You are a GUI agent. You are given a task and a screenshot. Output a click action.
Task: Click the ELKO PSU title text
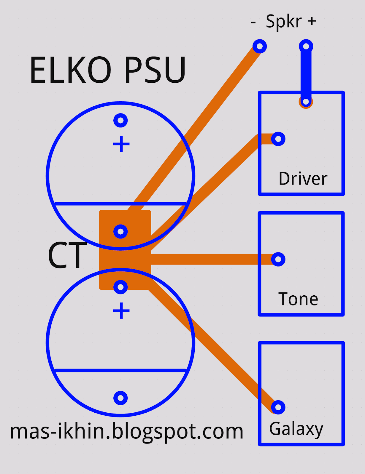pos(108,70)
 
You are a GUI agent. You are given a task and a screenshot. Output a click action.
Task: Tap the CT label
pos(67,255)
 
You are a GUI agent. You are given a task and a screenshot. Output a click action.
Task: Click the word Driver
pos(303,179)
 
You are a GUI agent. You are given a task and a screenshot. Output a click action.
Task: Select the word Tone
pos(298,299)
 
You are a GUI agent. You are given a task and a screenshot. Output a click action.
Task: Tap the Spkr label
pos(284,21)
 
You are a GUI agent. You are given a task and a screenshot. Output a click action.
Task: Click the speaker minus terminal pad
pos(259,46)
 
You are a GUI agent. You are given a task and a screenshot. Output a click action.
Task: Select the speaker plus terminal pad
pos(306,46)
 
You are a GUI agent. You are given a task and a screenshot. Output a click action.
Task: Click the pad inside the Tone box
pos(278,259)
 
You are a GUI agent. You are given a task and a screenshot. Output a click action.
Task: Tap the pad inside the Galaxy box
pos(278,407)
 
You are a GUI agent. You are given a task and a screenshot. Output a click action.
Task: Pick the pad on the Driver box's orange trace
pos(278,139)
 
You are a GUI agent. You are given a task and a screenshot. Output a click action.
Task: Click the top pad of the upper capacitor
pos(120,120)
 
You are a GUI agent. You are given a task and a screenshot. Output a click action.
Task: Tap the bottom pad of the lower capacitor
pos(120,398)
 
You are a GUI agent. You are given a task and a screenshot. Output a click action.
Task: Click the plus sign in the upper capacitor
pos(121,144)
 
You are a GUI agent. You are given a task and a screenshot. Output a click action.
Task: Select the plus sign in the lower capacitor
pos(121,311)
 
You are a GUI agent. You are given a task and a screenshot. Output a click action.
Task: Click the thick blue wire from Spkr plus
pos(306,74)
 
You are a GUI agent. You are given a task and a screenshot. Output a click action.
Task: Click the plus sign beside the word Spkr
pos(312,21)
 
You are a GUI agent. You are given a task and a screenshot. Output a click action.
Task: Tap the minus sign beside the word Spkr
pos(253,22)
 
